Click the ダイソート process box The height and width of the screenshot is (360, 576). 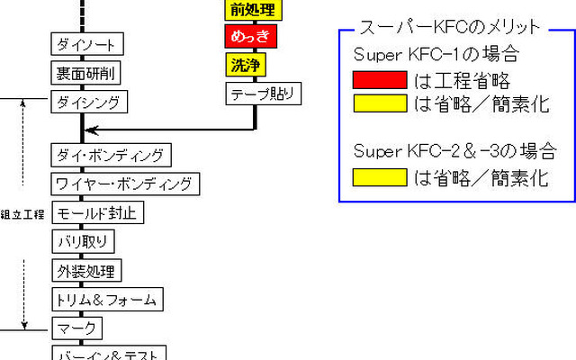(86, 44)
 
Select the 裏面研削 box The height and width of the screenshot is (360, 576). (86, 72)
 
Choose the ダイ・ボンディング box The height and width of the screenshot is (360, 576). (110, 155)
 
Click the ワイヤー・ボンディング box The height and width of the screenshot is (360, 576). (123, 184)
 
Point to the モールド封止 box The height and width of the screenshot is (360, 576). (96, 213)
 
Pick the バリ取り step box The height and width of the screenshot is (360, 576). (83, 241)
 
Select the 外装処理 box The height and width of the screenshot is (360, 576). (85, 270)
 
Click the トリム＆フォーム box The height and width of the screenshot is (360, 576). (106, 299)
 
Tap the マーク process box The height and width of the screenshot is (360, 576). (76, 328)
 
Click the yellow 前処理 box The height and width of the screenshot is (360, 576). (251, 10)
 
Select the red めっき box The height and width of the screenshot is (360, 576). (251, 38)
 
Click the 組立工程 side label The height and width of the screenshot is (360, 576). (23, 214)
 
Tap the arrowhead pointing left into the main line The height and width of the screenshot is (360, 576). (92, 130)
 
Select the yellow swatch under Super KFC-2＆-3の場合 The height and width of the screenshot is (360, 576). (379, 177)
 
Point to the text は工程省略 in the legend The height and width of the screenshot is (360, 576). (463, 79)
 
